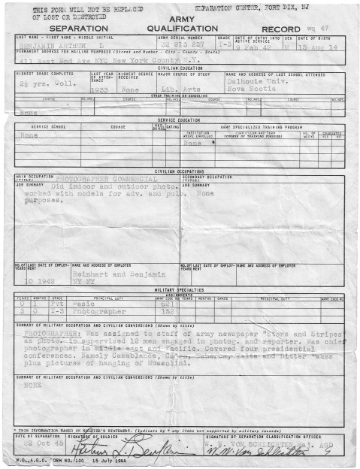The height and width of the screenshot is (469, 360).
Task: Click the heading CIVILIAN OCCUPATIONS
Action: [x=180, y=171]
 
